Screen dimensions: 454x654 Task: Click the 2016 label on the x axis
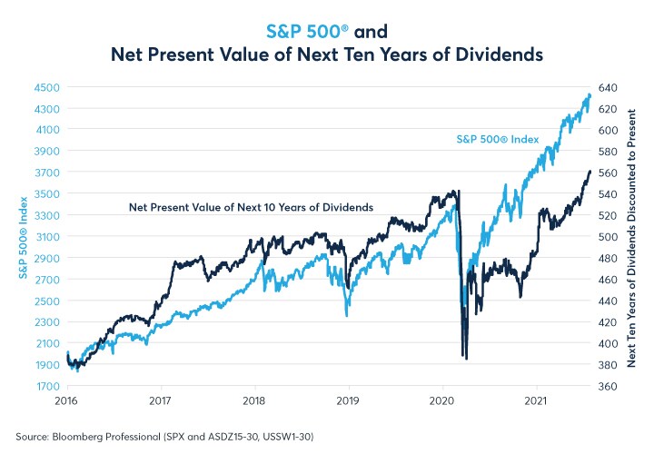point(66,400)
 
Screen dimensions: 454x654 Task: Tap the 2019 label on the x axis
point(349,400)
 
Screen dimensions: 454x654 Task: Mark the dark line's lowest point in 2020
point(466,359)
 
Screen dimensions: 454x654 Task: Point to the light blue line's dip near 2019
point(347,315)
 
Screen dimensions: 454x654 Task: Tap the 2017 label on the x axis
point(161,400)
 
